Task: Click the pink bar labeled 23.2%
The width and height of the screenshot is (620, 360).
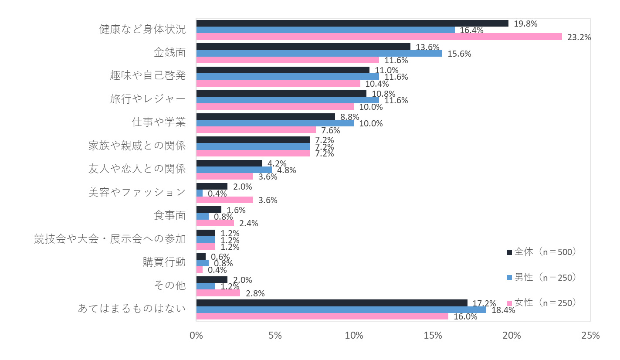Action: click(379, 37)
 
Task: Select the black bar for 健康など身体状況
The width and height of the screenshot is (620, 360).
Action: click(352, 24)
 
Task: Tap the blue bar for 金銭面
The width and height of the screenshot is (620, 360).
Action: click(319, 54)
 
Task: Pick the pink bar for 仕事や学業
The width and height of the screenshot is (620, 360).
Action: click(256, 130)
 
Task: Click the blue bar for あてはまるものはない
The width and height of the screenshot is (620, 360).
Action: click(341, 310)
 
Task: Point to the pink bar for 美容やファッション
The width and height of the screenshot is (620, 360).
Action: click(224, 200)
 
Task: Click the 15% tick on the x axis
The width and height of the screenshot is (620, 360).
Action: click(433, 336)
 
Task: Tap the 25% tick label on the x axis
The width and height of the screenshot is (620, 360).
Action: click(590, 336)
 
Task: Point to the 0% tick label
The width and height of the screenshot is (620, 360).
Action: click(197, 336)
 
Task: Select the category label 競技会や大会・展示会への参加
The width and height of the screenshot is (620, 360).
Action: click(110, 239)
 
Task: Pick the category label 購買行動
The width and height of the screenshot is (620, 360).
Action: click(164, 262)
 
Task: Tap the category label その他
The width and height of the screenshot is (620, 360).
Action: click(170, 286)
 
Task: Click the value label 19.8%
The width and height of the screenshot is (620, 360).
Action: click(525, 24)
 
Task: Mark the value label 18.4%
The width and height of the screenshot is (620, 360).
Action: click(503, 310)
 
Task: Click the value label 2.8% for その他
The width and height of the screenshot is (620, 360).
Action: click(255, 293)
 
